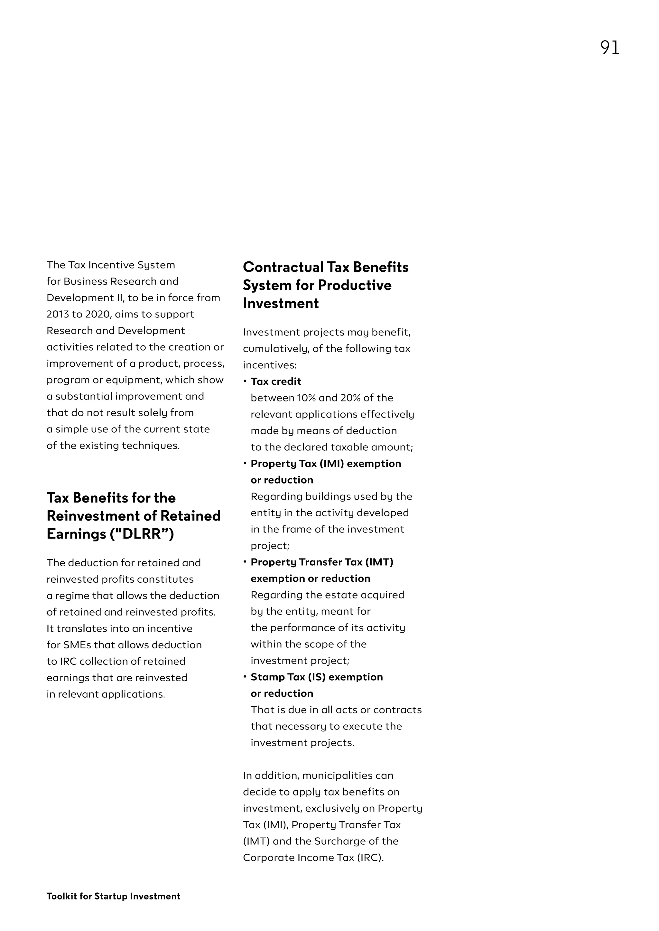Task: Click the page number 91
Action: point(609,48)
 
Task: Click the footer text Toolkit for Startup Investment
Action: point(113,896)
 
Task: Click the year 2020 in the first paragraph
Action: point(97,314)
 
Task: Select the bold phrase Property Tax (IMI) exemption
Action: point(325,464)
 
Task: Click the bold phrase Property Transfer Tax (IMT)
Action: point(322,562)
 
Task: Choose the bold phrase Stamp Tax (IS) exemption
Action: point(317,677)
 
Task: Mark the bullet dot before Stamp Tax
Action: point(245,676)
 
